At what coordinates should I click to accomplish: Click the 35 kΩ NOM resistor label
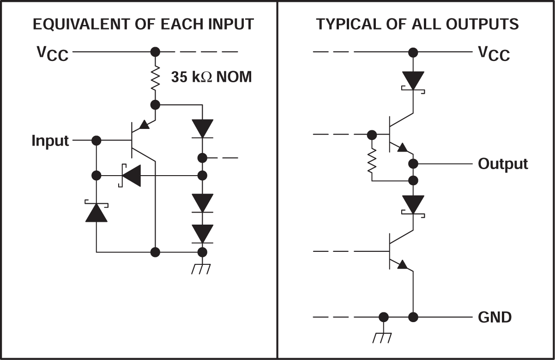pyautogui.click(x=211, y=77)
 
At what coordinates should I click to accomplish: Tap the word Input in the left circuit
pyautogui.click(x=50, y=140)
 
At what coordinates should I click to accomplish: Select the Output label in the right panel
pyautogui.click(x=503, y=164)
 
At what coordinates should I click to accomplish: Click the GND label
pyautogui.click(x=495, y=317)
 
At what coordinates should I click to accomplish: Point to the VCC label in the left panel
pyautogui.click(x=53, y=53)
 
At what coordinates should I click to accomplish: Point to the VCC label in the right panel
pyautogui.click(x=494, y=54)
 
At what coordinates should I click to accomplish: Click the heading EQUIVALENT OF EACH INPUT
pyautogui.click(x=143, y=24)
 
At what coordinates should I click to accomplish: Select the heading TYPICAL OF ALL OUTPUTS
pyautogui.click(x=417, y=24)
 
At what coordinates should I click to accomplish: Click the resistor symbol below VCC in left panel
pyautogui.click(x=156, y=79)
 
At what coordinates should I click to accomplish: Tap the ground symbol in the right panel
pyautogui.click(x=383, y=336)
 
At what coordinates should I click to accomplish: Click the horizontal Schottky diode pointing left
pyautogui.click(x=131, y=176)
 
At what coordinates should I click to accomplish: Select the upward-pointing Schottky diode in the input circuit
pyautogui.click(x=97, y=212)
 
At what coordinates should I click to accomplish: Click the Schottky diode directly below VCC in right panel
pyautogui.click(x=413, y=81)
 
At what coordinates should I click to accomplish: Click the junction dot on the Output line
pyautogui.click(x=413, y=164)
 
